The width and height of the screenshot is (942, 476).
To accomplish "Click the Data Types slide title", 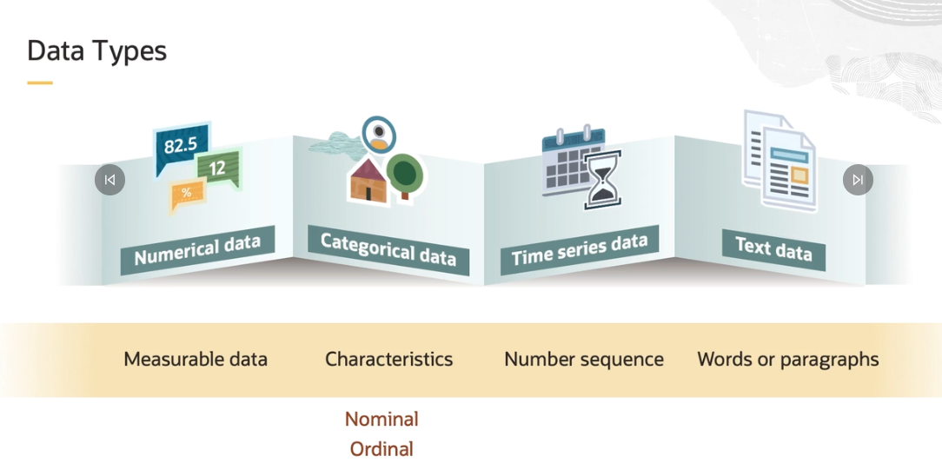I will (96, 50).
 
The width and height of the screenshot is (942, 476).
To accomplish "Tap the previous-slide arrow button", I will (109, 180).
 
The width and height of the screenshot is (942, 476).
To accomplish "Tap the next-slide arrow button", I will (858, 180).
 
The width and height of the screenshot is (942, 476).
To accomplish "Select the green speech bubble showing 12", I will (218, 168).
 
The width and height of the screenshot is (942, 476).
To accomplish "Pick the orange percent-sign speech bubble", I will (187, 194).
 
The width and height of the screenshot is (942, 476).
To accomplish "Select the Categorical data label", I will (388, 249).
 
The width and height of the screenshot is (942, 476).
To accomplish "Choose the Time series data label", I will (579, 250).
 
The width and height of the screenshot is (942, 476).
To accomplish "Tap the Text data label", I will (773, 248).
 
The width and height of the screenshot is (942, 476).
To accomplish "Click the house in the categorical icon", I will (368, 179).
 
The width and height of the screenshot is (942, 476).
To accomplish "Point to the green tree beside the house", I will (405, 175).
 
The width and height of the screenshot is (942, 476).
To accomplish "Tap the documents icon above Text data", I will (779, 160).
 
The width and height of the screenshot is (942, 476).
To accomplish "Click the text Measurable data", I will (196, 359).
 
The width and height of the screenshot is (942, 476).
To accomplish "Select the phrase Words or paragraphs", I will (788, 359).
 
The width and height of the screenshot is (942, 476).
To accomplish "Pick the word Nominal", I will (381, 419).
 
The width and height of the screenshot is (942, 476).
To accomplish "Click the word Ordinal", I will (381, 449).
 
